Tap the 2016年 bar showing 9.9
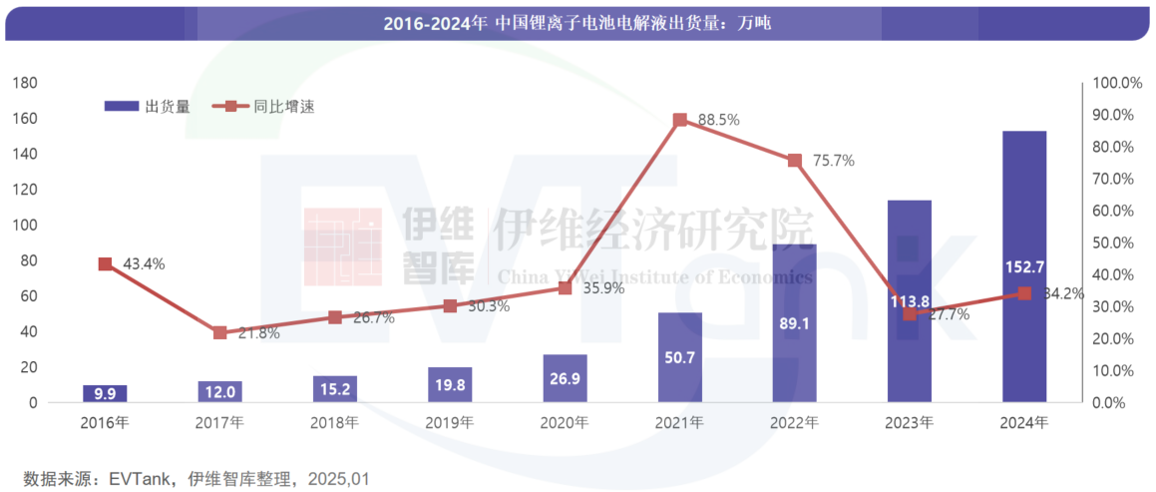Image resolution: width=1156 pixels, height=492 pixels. [105, 393]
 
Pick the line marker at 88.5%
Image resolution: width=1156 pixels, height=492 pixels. [680, 120]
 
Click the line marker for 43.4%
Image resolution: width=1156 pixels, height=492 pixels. [105, 263]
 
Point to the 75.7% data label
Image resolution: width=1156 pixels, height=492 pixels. [833, 161]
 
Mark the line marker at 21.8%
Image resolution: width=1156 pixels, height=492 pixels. [220, 332]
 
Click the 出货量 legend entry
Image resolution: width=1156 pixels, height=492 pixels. [150, 106]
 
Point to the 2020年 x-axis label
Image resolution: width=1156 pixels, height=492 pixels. [565, 423]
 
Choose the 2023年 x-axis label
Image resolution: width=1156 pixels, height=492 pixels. [910, 423]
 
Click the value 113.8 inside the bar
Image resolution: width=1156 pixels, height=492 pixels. [910, 301]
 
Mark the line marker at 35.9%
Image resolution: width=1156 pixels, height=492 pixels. [565, 287]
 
